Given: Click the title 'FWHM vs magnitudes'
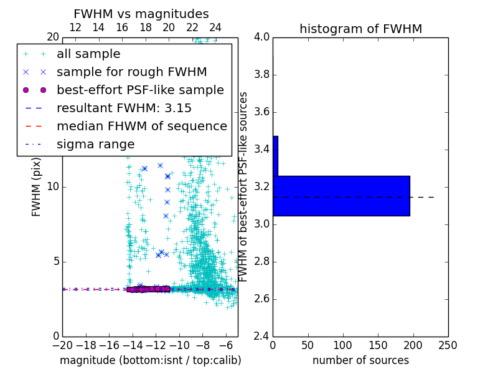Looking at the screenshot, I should [x=141, y=14].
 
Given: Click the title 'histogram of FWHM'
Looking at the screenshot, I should [x=360, y=29].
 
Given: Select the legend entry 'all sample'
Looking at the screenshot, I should [x=88, y=54].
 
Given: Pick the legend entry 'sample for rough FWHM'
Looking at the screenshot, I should [x=131, y=72].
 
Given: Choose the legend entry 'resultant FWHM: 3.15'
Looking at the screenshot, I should [x=124, y=108].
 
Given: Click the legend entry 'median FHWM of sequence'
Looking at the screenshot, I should [x=141, y=126].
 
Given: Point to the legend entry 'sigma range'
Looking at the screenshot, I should [x=95, y=144].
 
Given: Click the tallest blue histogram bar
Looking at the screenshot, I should [x=341, y=196].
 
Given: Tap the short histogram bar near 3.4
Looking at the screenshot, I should [x=275, y=156].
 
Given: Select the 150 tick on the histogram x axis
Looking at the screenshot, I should [x=378, y=344].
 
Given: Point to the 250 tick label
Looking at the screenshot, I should [x=448, y=344].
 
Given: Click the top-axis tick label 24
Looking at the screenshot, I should [x=215, y=27].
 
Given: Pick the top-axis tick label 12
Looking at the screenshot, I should [x=75, y=27].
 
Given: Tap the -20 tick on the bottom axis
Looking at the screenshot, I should [x=62, y=344].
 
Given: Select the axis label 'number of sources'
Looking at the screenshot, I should [x=360, y=360].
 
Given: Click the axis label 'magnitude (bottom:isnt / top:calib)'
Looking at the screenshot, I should [x=150, y=360].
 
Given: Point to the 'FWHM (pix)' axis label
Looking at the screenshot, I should [x=37, y=187].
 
